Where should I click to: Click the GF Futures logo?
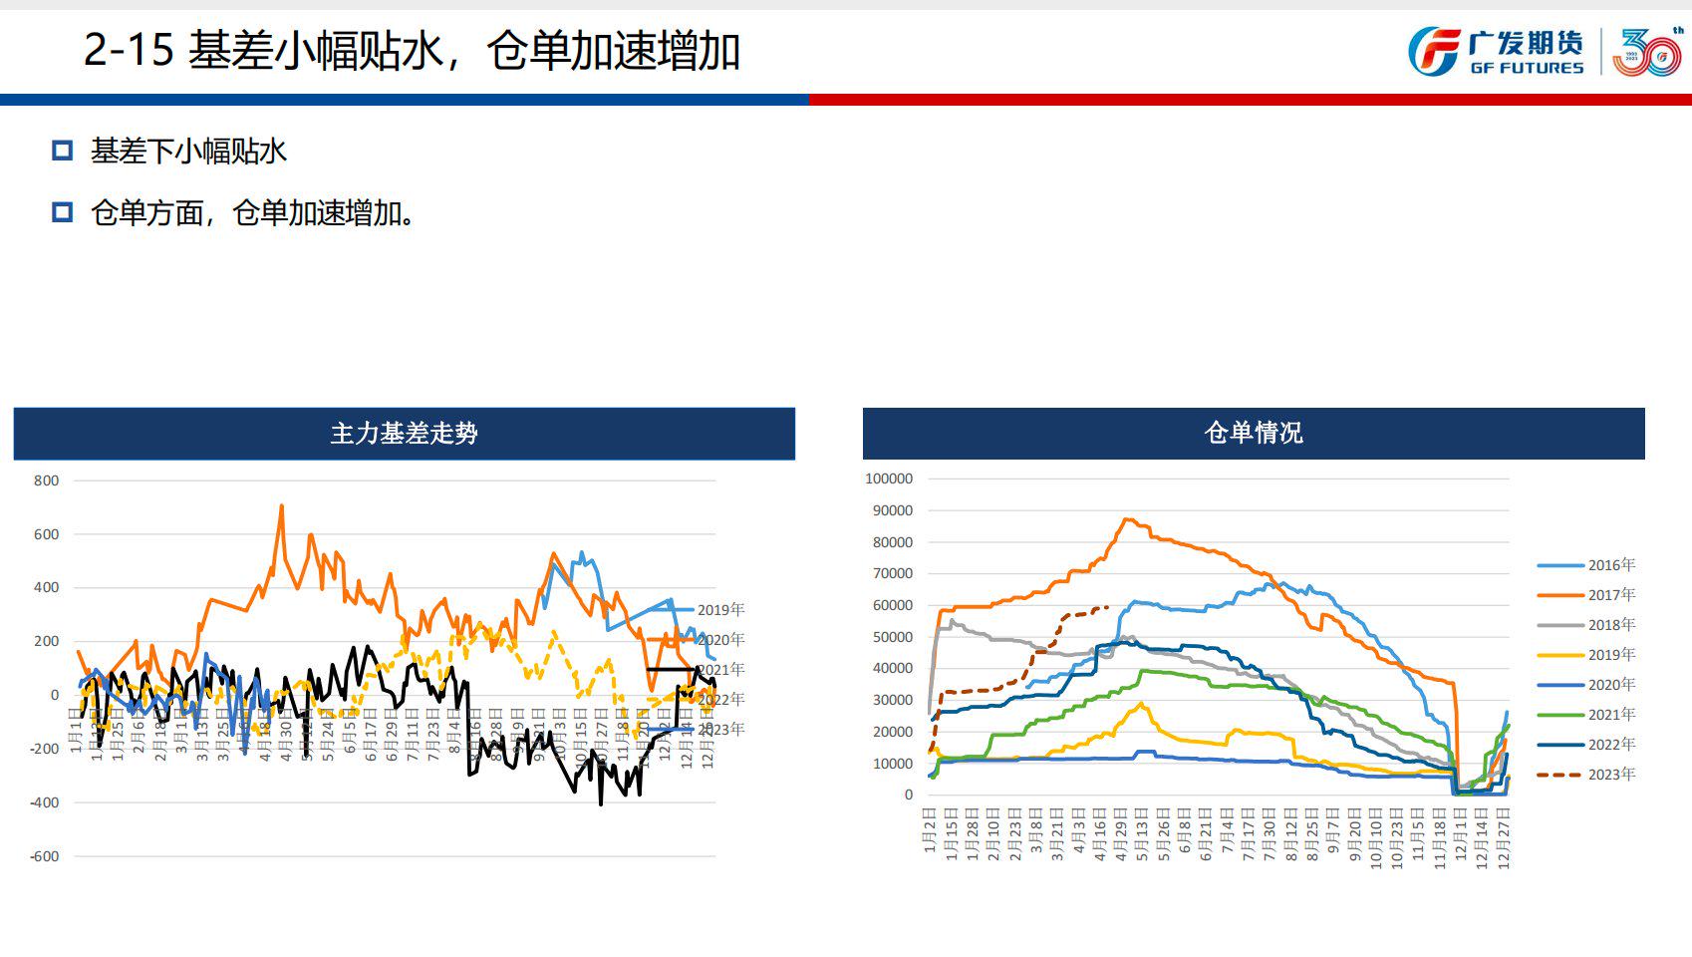pyautogui.click(x=1496, y=52)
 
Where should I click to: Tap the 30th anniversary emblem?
pyautogui.click(x=1647, y=52)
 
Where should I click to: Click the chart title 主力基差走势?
pyautogui.click(x=404, y=433)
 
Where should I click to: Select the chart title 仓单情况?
pyautogui.click(x=1254, y=433)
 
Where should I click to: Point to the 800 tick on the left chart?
pyautogui.click(x=47, y=480)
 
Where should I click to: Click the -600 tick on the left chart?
pyautogui.click(x=44, y=856)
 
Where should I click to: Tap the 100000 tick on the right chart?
pyautogui.click(x=889, y=478)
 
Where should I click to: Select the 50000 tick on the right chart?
pyautogui.click(x=893, y=637)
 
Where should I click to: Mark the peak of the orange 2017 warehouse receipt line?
pyautogui.click(x=1126, y=518)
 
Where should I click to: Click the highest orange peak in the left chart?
pyautogui.click(x=282, y=506)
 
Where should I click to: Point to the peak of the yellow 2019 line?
pyautogui.click(x=1141, y=704)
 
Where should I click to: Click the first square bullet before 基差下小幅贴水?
pyautogui.click(x=63, y=151)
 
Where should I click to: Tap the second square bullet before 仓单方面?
pyautogui.click(x=63, y=212)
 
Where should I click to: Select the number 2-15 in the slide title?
pyautogui.click(x=129, y=50)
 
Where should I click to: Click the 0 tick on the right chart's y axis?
pyautogui.click(x=908, y=795)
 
